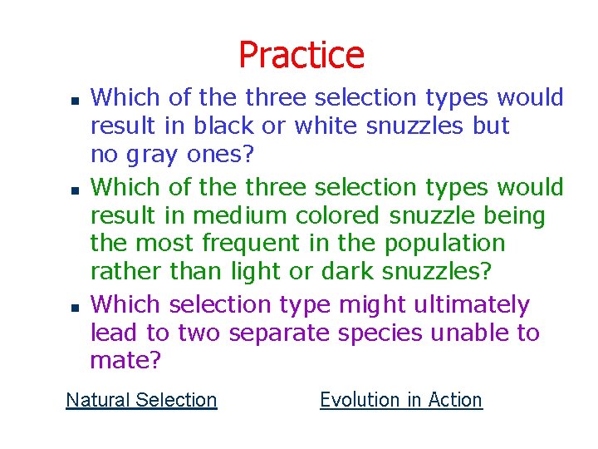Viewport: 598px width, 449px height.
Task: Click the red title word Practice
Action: click(301, 55)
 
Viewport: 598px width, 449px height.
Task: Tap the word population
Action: click(444, 244)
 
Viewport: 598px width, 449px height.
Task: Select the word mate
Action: click(125, 361)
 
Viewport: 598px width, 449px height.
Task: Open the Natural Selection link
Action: click(141, 400)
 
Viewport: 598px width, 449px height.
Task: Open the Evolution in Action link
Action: click(400, 400)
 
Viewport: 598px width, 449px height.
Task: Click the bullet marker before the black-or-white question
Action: click(73, 100)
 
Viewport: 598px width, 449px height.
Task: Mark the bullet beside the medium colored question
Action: click(73, 190)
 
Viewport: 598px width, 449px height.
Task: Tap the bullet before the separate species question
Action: click(73, 308)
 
